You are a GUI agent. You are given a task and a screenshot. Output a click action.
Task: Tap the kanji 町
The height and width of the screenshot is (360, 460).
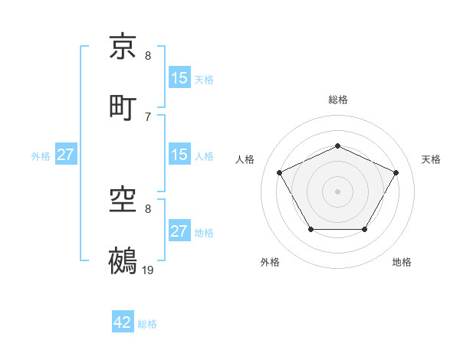pos(123,107)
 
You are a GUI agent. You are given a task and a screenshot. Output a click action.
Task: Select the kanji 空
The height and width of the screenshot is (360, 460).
pos(123,200)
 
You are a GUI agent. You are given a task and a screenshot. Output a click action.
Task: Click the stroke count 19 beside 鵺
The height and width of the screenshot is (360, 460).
pos(148,270)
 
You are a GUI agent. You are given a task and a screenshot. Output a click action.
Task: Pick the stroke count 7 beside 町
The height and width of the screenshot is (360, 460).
pos(148,116)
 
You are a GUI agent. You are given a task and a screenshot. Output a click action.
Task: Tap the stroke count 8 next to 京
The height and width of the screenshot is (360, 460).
pos(148,56)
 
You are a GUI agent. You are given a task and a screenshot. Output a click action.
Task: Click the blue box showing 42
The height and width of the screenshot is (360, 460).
pos(123,323)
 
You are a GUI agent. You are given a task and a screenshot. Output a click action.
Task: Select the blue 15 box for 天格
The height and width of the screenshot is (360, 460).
pos(179,78)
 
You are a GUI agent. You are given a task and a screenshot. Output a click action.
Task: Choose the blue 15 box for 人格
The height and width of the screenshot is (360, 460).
pos(179,155)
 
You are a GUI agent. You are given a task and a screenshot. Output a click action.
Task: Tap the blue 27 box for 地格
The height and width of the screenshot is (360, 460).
pos(179,231)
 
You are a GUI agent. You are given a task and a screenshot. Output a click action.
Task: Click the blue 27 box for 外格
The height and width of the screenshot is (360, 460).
pos(65,155)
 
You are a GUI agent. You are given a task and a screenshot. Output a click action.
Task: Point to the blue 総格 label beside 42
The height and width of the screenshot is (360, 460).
pos(147,324)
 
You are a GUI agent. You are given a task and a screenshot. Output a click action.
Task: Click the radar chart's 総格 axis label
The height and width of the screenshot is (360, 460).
pos(337,100)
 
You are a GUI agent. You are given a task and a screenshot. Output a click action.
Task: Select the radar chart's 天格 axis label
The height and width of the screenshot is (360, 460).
pos(432,159)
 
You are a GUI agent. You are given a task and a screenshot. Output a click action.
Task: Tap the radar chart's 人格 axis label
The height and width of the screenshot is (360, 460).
pos(245,159)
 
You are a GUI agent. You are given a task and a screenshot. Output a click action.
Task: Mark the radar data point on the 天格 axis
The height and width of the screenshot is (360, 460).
pos(396,172)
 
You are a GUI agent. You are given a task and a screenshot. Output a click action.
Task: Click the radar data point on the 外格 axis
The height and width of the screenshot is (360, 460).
pos(310,229)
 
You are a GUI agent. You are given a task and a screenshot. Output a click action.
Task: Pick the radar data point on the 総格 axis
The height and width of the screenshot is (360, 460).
pos(337,145)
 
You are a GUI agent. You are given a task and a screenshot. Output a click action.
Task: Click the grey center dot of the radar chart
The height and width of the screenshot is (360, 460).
pos(337,191)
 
